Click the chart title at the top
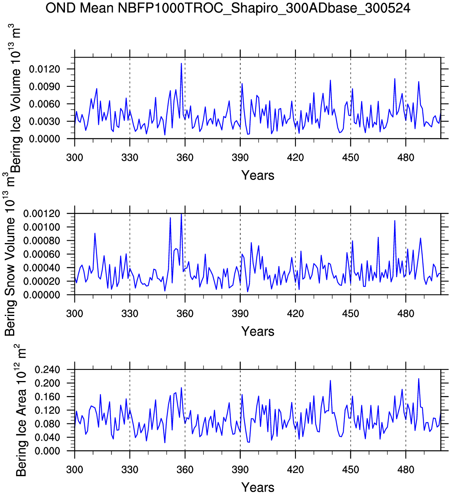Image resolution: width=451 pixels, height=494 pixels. [x=228, y=8]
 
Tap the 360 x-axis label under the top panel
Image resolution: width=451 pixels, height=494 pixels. [x=185, y=158]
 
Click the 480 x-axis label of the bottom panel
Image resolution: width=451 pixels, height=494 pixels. [x=405, y=470]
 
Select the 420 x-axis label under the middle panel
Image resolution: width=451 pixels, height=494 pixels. [x=295, y=314]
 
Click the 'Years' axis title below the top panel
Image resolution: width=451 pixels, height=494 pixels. [x=258, y=175]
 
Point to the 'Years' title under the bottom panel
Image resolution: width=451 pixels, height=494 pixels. [x=258, y=487]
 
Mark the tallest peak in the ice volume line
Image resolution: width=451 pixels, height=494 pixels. [x=181, y=63]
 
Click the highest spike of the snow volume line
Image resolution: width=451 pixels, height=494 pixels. [x=181, y=214]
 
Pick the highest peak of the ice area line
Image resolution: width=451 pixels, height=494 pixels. [x=419, y=379]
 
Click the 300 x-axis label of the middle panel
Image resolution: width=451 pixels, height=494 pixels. [x=74, y=314]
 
